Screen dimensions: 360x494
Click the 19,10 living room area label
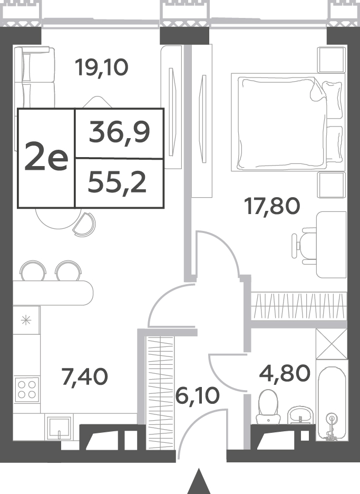coord(101,67)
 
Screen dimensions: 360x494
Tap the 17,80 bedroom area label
coord(272,207)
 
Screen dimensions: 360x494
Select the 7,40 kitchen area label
coord(85,377)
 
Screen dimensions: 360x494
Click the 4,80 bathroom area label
coord(285,373)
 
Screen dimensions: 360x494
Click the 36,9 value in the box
coord(119,132)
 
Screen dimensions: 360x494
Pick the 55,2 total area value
coord(117,183)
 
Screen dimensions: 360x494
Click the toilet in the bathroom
coord(268,406)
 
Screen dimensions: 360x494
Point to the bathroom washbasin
coord(301,415)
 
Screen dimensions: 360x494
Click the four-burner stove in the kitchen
coord(27,390)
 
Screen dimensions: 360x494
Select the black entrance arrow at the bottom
coord(198,481)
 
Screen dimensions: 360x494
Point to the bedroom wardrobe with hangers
coord(299,305)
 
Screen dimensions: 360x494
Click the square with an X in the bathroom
coord(332,344)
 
